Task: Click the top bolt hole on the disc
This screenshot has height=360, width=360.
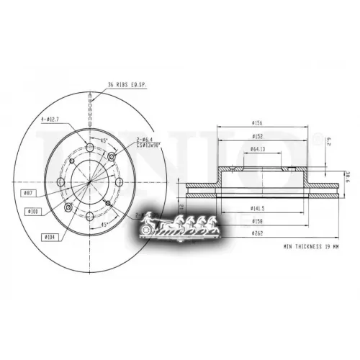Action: (89, 150)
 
